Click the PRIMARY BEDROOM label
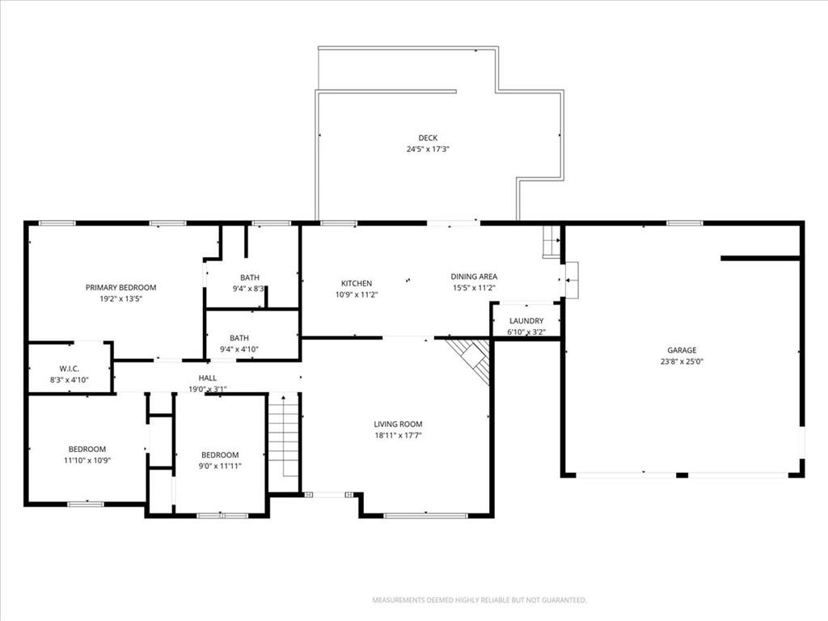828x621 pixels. [x=121, y=288]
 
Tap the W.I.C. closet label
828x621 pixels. [x=70, y=369]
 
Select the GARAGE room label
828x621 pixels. [x=682, y=350]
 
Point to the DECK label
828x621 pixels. [x=428, y=137]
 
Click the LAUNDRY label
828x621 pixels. [x=526, y=320]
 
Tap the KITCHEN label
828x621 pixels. [x=357, y=284]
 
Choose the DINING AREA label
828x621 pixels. [x=474, y=277]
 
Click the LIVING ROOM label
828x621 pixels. [x=398, y=424]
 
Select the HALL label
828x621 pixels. [x=208, y=378]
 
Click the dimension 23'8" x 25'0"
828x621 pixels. [x=682, y=361]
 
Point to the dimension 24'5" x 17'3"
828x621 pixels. [x=428, y=150]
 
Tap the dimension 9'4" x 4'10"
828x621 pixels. [x=239, y=349]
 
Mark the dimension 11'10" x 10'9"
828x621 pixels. [x=87, y=460]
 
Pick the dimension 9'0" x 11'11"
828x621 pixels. [x=220, y=467]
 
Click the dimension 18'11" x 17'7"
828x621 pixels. [x=398, y=436]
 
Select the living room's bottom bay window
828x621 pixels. [x=425, y=515]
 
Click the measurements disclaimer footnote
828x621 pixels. [x=479, y=601]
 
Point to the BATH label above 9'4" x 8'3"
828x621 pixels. [x=250, y=278]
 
